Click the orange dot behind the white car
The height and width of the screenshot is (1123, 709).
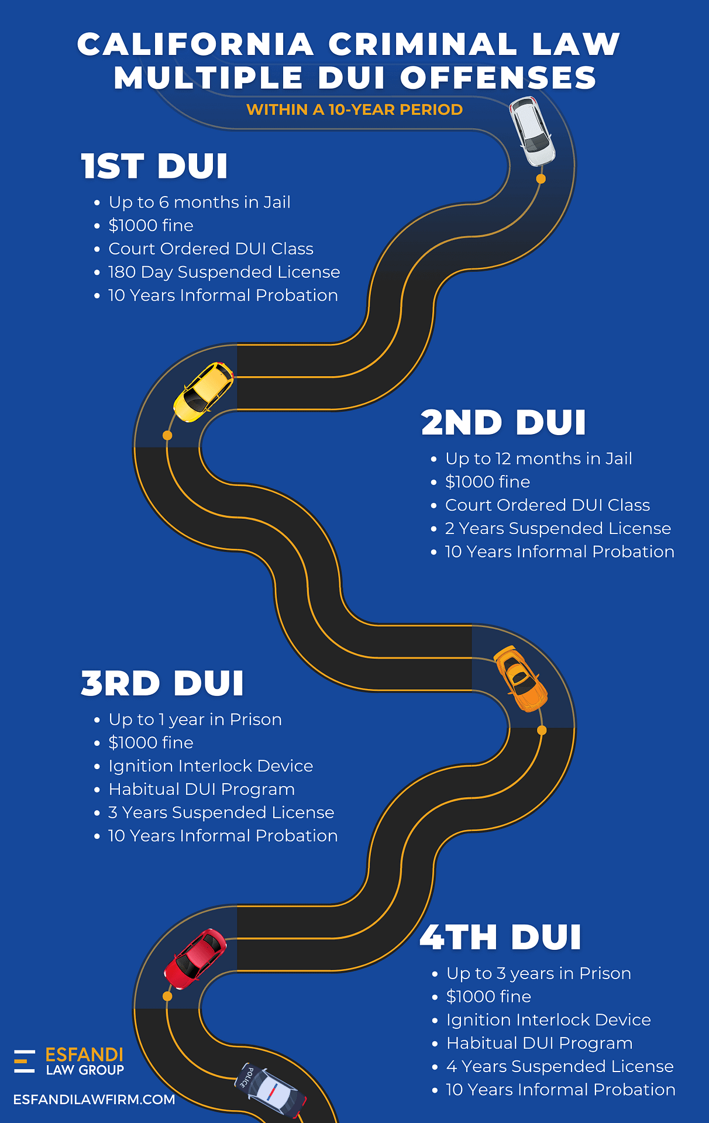[x=541, y=179]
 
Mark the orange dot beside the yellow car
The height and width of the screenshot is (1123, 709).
[x=167, y=435]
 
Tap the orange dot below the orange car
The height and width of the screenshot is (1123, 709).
[x=542, y=730]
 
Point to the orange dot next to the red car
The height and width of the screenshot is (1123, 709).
[x=167, y=996]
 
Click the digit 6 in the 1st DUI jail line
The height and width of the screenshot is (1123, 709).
[x=164, y=202]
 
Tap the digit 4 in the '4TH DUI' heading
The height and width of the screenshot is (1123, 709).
[x=433, y=937]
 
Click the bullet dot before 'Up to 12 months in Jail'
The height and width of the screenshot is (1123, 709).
[x=433, y=460]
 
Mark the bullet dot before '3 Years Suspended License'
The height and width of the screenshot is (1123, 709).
[x=97, y=814]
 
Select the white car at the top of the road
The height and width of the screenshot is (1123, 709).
[x=532, y=131]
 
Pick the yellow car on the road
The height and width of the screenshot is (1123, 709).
[x=204, y=392]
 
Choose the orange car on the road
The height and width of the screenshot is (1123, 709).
[x=520, y=678]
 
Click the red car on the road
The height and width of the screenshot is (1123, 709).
[x=195, y=959]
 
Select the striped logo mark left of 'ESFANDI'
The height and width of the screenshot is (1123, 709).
[x=25, y=1062]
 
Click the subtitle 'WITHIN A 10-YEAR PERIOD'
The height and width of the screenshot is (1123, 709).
[x=354, y=109]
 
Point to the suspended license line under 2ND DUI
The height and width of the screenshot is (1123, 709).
[x=558, y=529]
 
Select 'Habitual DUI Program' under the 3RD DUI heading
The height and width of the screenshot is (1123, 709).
[x=202, y=790]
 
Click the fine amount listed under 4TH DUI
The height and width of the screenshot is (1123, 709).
[x=488, y=997]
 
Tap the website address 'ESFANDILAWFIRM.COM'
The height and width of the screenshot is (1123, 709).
[x=94, y=1100]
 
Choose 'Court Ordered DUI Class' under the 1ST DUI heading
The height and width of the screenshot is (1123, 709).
[x=211, y=249]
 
